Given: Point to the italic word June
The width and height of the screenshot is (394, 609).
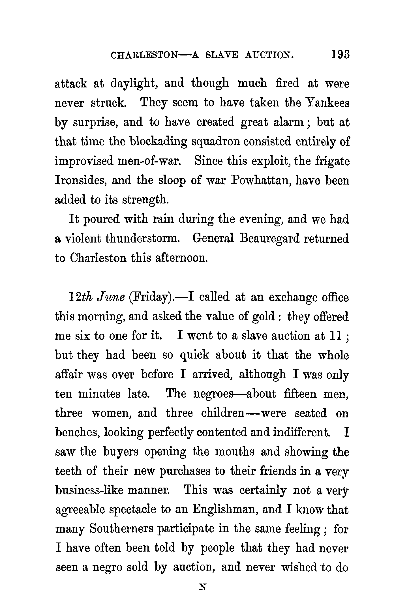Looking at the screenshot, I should [111, 297].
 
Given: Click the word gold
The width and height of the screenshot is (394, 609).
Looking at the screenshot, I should [263, 316].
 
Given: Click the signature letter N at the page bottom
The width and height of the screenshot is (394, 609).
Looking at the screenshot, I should [202, 587].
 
